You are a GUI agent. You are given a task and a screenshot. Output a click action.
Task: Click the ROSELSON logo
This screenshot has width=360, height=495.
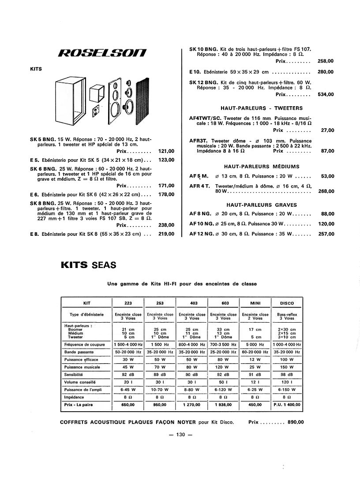[103, 54]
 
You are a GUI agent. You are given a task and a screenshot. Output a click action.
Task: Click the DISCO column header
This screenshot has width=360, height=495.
[287, 303]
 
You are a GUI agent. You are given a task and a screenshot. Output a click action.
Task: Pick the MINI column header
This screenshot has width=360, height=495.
[255, 303]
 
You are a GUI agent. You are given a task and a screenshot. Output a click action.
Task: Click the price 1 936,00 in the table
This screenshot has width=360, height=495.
[225, 404]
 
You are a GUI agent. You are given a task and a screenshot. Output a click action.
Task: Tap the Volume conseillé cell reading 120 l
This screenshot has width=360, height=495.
[287, 381]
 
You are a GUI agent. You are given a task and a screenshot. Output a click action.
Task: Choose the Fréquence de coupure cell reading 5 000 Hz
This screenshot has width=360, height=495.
[255, 344]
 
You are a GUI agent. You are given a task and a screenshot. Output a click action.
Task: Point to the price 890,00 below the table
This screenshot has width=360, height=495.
[296, 422]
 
